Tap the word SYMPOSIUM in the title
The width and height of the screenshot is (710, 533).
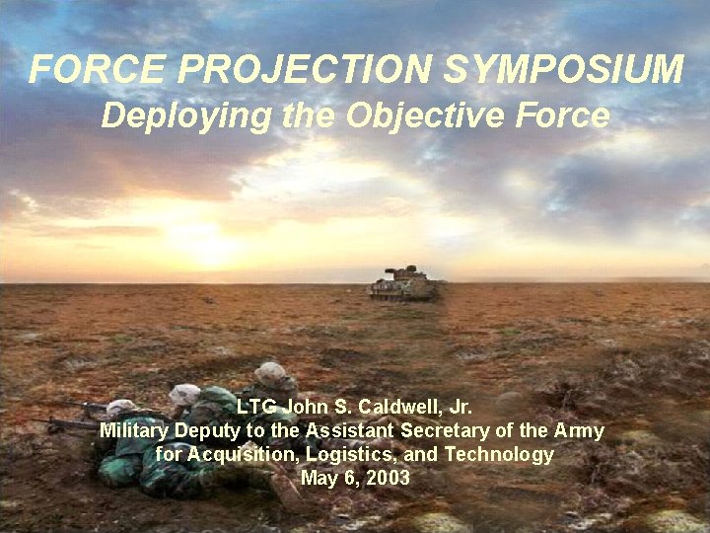[563, 70]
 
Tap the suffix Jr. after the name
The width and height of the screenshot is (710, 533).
[457, 407]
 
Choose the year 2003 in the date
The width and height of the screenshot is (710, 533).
[389, 479]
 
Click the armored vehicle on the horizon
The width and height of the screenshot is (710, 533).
[402, 284]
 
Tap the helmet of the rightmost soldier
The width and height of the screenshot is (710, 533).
[270, 374]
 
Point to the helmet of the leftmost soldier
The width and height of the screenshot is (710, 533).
[121, 406]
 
